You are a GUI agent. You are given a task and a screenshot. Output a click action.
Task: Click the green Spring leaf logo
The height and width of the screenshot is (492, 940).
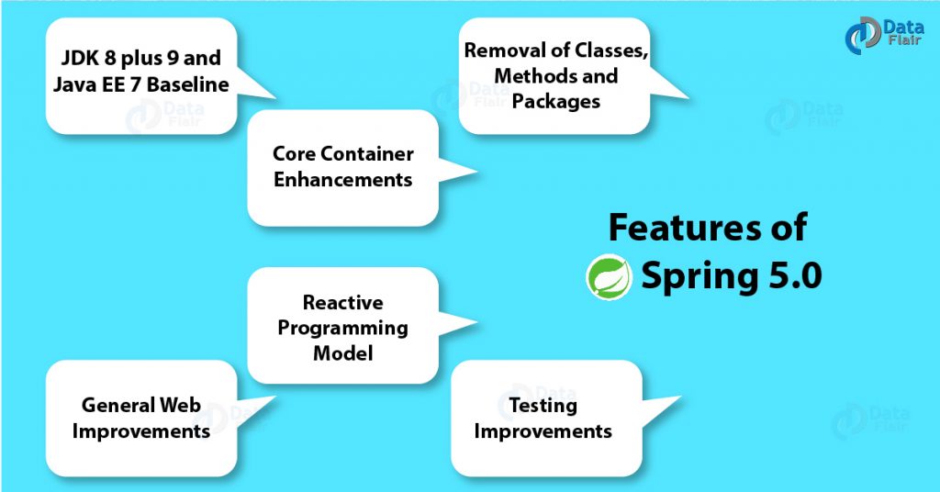[x=610, y=276]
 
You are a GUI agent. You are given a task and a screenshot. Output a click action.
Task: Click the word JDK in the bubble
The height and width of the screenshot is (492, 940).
[x=80, y=58]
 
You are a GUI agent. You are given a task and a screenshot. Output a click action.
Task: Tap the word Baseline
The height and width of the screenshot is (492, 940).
[x=187, y=84]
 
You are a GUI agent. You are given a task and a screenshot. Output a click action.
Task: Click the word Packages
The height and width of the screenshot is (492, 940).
[x=555, y=102]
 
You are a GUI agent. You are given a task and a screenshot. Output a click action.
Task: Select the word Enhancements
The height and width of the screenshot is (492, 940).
[x=343, y=180]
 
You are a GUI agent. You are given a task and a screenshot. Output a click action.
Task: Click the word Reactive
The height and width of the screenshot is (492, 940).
[x=343, y=303]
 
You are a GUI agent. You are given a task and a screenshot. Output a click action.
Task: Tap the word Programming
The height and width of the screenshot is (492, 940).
[x=343, y=329]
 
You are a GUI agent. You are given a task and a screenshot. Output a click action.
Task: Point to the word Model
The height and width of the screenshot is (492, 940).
[x=343, y=353]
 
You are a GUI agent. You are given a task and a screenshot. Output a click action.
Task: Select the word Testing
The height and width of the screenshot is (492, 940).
[x=543, y=406]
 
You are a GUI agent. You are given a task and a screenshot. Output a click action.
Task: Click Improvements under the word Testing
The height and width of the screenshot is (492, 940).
[x=543, y=431]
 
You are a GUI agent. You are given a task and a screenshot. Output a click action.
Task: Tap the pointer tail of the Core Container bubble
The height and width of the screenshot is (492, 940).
[x=457, y=172]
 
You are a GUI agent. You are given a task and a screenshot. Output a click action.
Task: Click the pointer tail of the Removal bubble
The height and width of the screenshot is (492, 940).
[x=668, y=84]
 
